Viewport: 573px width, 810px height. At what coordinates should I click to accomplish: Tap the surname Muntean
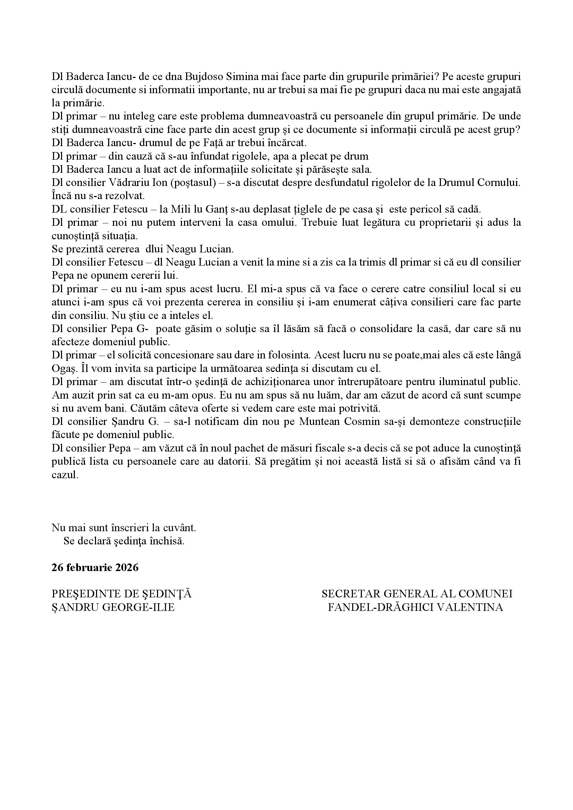tap(319, 421)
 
